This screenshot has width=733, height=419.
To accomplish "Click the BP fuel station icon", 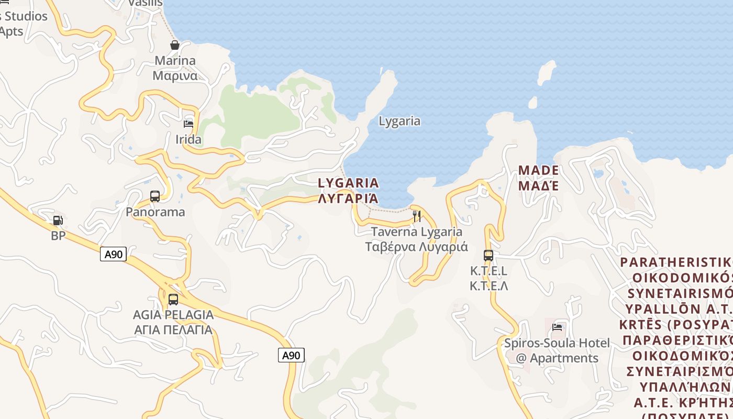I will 58,221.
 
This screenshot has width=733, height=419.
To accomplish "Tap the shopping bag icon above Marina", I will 175,46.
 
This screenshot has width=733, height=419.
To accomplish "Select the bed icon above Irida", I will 188,124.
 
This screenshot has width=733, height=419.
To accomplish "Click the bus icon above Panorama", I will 155,196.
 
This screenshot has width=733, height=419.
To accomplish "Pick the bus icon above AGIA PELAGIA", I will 173,300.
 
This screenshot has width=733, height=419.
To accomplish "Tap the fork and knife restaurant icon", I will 417,216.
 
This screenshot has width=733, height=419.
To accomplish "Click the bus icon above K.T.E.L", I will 488,256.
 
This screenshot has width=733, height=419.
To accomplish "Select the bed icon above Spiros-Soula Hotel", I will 557,327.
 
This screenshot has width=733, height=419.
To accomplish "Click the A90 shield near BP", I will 113,255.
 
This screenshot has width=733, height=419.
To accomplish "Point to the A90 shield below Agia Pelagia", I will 291,356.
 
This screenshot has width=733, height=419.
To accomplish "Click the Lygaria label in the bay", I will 399,121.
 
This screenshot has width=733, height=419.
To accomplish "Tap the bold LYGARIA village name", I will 348,183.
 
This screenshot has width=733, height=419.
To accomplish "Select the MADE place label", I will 538,171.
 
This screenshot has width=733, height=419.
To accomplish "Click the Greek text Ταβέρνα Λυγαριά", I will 416,247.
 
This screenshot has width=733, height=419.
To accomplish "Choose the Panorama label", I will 155,212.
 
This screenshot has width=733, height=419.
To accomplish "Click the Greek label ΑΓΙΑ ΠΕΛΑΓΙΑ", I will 173,330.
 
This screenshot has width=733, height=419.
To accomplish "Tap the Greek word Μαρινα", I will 175,75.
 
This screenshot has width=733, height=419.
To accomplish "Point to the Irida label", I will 188,140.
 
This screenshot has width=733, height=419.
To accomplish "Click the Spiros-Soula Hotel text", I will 557,344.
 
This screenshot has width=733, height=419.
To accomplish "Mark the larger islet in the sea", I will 547,72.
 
